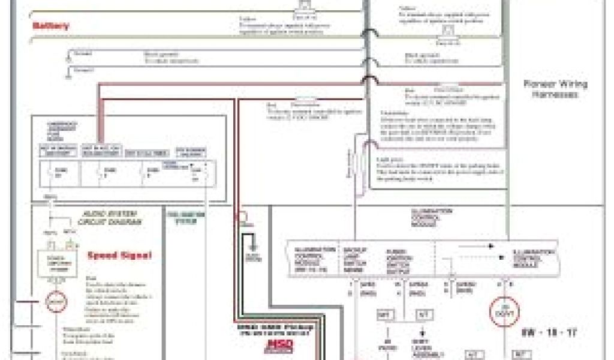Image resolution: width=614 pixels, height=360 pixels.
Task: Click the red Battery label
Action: click(x=51, y=26)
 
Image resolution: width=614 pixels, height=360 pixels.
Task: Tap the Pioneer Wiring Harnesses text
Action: click(x=555, y=89)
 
